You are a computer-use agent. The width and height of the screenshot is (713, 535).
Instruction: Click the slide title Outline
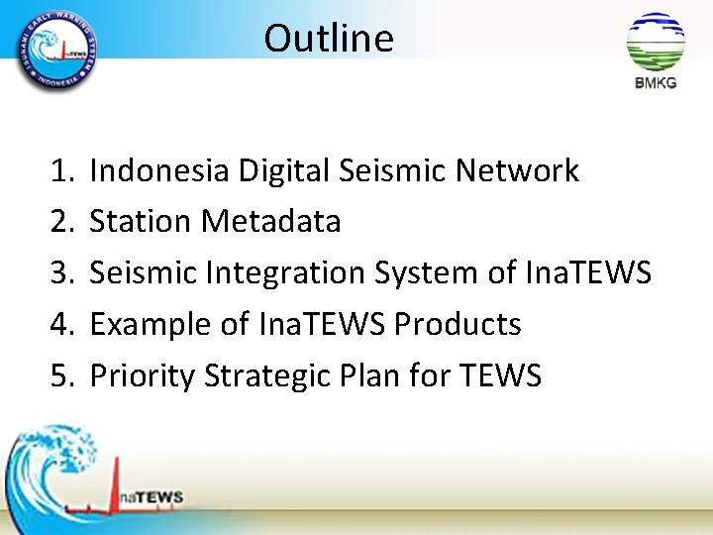click(329, 39)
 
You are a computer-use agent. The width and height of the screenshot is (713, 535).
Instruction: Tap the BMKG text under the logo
click(656, 83)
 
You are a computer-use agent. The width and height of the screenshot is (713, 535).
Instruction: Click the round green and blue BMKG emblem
click(656, 42)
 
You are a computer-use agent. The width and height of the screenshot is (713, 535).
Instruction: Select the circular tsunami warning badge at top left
click(56, 47)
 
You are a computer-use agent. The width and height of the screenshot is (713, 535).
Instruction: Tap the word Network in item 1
click(517, 171)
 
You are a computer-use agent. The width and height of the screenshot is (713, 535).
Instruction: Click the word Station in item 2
click(141, 222)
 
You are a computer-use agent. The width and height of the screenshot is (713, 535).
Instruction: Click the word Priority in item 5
click(142, 376)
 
